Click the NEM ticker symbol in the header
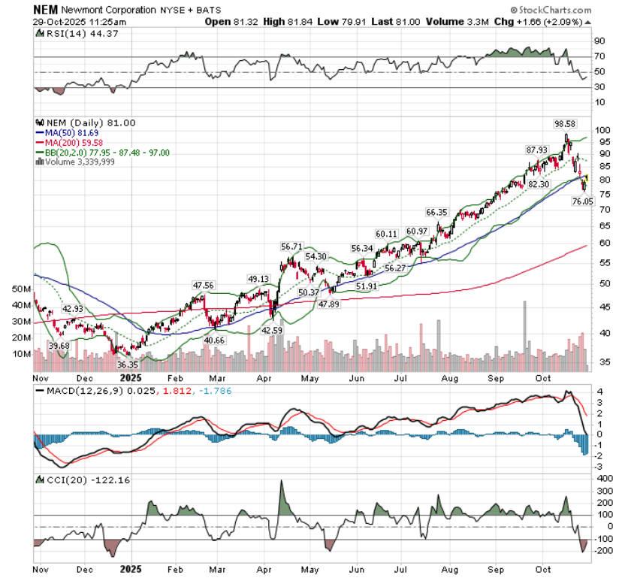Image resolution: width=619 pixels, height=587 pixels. pyautogui.click(x=46, y=11)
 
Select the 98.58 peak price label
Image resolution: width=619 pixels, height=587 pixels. pyautogui.click(x=565, y=123)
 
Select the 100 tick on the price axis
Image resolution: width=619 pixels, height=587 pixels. pyautogui.click(x=600, y=130)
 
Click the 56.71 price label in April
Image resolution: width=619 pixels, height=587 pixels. pyautogui.click(x=291, y=246)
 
